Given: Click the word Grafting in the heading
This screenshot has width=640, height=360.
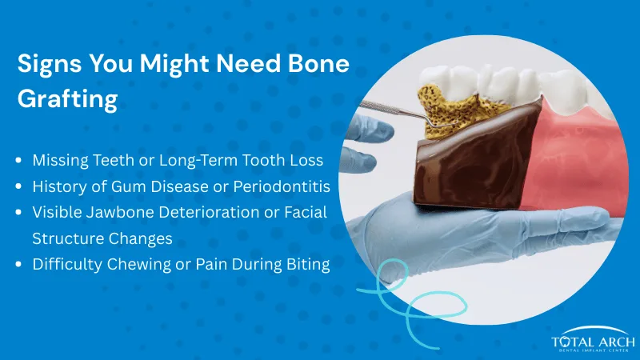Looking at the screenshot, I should coord(68,101).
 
